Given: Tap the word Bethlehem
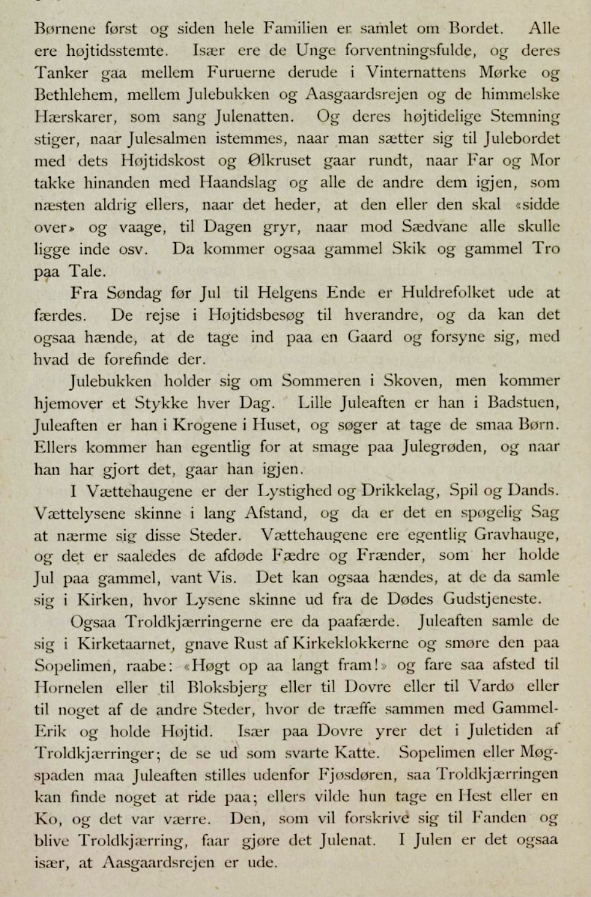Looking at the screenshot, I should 74,95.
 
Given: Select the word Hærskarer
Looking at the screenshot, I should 72,117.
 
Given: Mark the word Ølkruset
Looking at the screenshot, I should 279,161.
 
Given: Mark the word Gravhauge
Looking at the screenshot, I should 516,535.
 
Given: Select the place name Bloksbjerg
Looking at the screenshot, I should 227,687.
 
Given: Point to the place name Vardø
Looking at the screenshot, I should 492,687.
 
